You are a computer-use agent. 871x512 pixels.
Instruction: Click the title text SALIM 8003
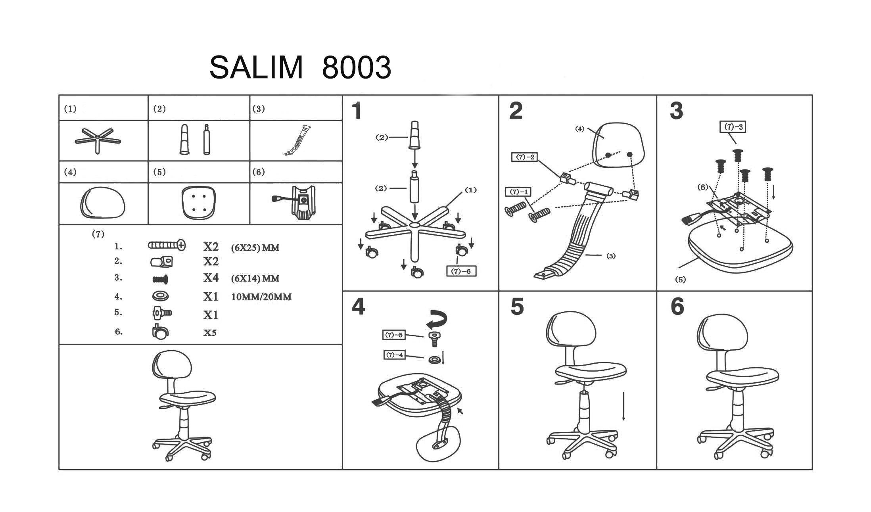pyautogui.click(x=300, y=67)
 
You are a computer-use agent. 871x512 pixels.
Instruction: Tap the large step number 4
pyautogui.click(x=358, y=307)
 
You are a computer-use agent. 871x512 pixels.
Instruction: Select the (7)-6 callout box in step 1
pyautogui.click(x=461, y=271)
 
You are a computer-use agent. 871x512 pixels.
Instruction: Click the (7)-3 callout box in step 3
pyautogui.click(x=733, y=127)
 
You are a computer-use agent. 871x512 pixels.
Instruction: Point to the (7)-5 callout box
pyautogui.click(x=394, y=335)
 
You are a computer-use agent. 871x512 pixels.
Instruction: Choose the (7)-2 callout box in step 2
pyautogui.click(x=525, y=157)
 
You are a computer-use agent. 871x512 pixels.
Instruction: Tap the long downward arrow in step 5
pyautogui.click(x=624, y=406)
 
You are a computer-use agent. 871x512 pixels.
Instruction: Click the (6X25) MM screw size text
pyautogui.click(x=255, y=248)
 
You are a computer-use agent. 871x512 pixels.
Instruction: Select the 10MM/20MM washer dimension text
pyautogui.click(x=261, y=297)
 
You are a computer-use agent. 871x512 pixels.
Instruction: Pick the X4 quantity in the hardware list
pyautogui.click(x=211, y=278)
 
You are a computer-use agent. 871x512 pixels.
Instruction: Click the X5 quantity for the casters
pyautogui.click(x=210, y=333)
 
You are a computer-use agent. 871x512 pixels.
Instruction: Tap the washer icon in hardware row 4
pyautogui.click(x=160, y=296)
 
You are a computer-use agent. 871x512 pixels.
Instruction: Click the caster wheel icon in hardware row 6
pyautogui.click(x=160, y=332)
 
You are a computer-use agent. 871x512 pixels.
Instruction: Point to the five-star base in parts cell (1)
pyautogui.click(x=98, y=140)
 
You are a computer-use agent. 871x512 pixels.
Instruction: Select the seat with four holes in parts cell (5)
pyautogui.click(x=198, y=203)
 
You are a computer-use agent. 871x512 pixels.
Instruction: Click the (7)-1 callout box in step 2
pyautogui.click(x=518, y=192)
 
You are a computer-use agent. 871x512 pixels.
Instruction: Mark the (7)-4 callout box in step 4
pyautogui.click(x=395, y=355)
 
